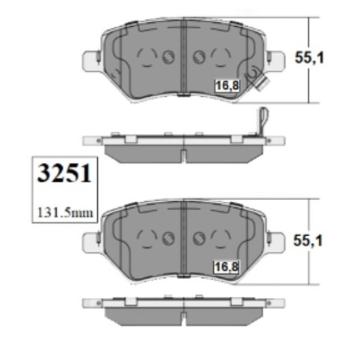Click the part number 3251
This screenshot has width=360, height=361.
click(65, 173)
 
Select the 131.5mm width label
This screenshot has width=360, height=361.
click(65, 213)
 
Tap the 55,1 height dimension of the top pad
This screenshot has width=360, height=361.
click(309, 57)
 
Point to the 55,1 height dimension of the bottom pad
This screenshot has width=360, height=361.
click(308, 241)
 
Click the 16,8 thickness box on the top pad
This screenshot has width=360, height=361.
click(227, 86)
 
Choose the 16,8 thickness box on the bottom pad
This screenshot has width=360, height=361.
click(227, 267)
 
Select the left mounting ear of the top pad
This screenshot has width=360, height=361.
click(91, 60)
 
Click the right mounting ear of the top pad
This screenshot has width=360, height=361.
click(276, 60)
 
